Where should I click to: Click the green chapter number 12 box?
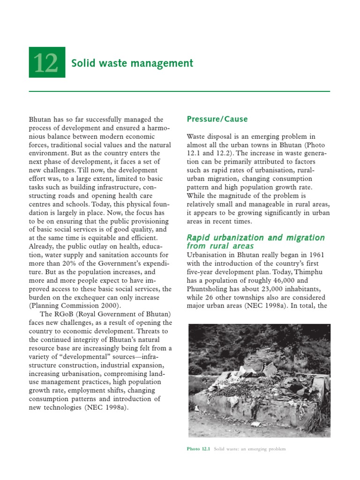coord(47,62)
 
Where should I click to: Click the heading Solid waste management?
coord(132,63)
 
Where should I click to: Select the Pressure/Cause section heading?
coord(217,119)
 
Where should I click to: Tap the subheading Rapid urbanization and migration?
coord(255,238)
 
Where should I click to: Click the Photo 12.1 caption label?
coord(199,449)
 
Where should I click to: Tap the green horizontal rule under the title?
coord(180,91)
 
